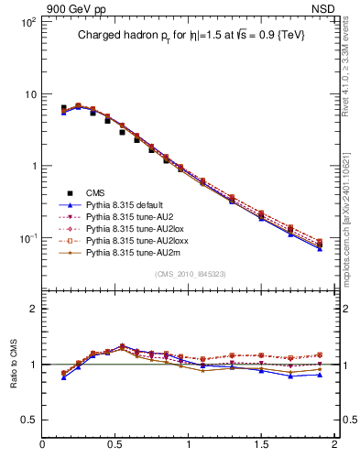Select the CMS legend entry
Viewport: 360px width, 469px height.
click(x=95, y=192)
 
